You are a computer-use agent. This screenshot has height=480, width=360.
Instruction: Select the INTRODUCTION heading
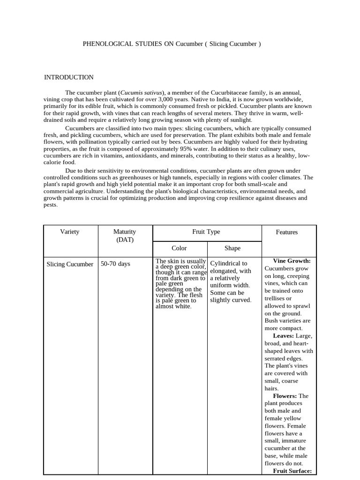[x=68, y=77]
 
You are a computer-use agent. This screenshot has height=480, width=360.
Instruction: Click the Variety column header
[x=70, y=232]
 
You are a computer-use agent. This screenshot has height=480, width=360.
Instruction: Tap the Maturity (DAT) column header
[x=125, y=235]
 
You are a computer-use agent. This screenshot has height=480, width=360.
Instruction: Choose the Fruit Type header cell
[x=206, y=232]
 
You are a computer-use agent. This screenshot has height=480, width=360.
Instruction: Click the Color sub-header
[x=179, y=248]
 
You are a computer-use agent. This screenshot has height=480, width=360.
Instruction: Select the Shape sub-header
[x=232, y=248]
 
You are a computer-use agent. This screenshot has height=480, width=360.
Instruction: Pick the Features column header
[x=287, y=232]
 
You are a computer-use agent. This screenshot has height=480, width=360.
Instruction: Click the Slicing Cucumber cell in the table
[x=70, y=264]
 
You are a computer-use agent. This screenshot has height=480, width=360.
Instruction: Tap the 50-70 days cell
[x=115, y=264]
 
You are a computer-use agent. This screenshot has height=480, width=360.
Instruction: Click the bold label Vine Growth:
[x=292, y=261]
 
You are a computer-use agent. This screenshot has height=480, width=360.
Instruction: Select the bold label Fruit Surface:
[x=292, y=471]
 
